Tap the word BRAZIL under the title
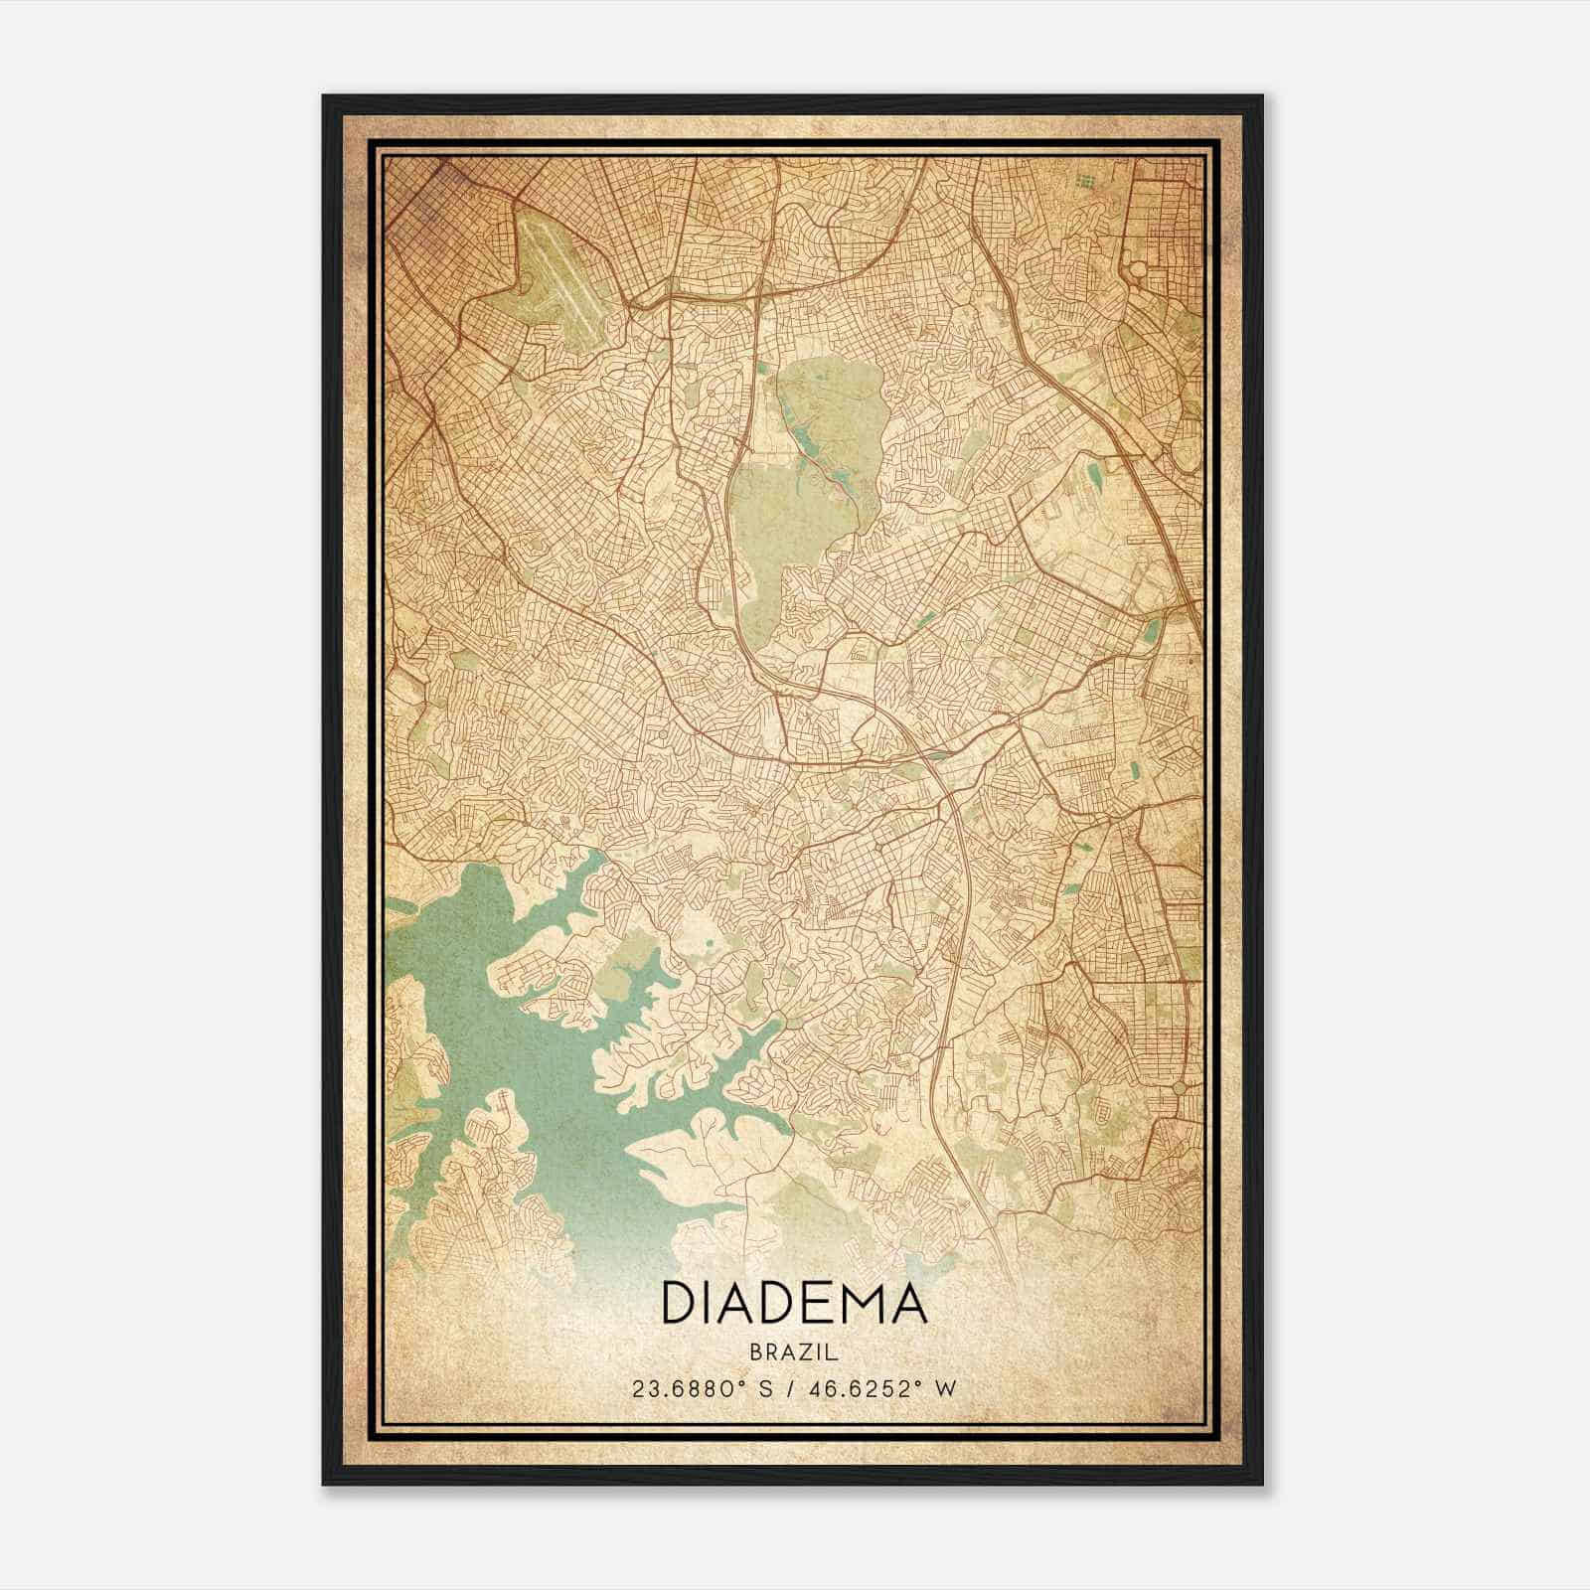click(x=794, y=1352)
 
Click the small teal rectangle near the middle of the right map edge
click(x=1153, y=629)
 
